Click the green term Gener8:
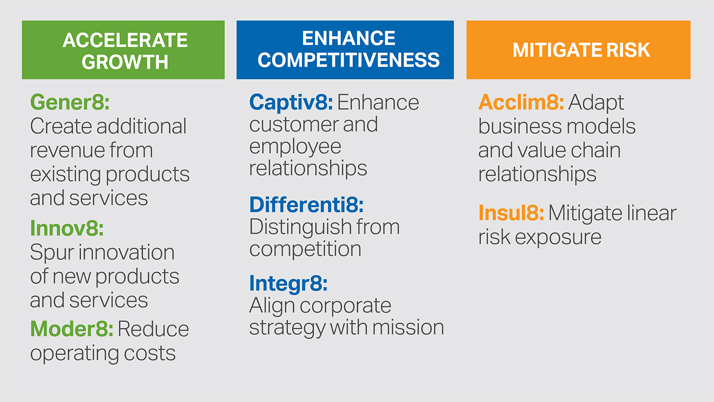(70, 103)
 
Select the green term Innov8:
(67, 228)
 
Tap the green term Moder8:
(72, 329)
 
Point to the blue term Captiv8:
(291, 103)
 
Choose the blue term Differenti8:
(306, 205)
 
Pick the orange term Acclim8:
(521, 103)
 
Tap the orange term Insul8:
(511, 213)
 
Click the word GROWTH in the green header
(125, 62)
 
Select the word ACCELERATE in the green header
(125, 40)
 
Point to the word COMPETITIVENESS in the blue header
(349, 60)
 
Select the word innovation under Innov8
(127, 252)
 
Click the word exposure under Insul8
(558, 238)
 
